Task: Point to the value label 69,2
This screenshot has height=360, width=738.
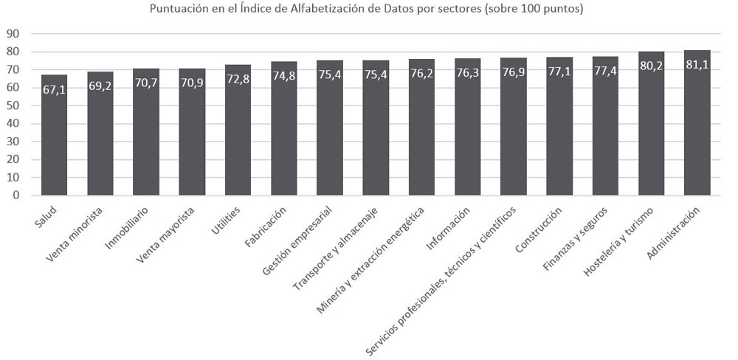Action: [x=100, y=86]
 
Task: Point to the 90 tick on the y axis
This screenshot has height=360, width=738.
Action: [x=14, y=33]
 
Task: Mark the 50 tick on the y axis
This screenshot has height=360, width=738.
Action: [x=14, y=105]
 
